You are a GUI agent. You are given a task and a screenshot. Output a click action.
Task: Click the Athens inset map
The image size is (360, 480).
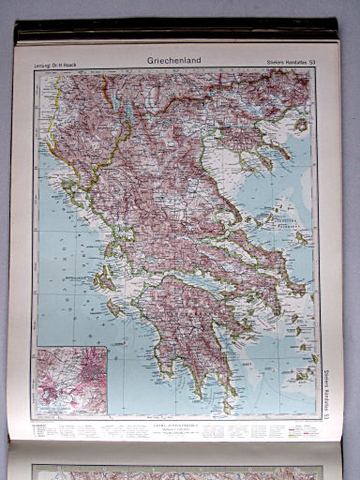coord(72,381)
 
